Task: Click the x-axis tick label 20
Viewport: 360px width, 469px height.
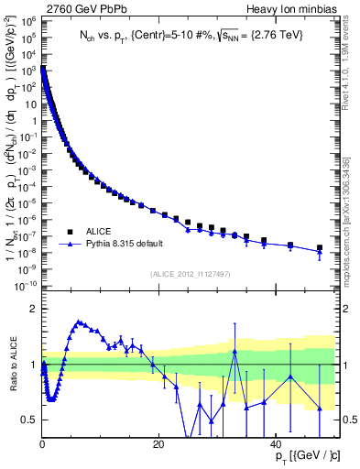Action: coord(159,444)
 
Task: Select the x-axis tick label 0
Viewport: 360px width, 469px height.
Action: coord(42,444)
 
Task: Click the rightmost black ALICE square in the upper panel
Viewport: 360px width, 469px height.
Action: coord(320,247)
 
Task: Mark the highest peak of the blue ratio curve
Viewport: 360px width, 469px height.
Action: coord(80,322)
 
